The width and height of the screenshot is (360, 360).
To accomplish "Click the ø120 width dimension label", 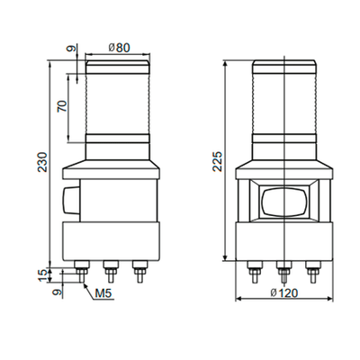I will tap(284, 293).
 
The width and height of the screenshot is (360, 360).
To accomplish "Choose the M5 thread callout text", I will tap(103, 292).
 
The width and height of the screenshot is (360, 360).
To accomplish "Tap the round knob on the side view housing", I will tap(67, 199).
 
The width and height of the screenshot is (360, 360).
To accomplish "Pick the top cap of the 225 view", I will tap(284, 67).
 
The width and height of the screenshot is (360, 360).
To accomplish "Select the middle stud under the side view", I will tap(111, 271).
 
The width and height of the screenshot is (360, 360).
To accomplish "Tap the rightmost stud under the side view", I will tap(139, 271).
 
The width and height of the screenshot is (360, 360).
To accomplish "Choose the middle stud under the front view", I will tap(284, 271).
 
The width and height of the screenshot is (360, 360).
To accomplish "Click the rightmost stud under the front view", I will tap(312, 271).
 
